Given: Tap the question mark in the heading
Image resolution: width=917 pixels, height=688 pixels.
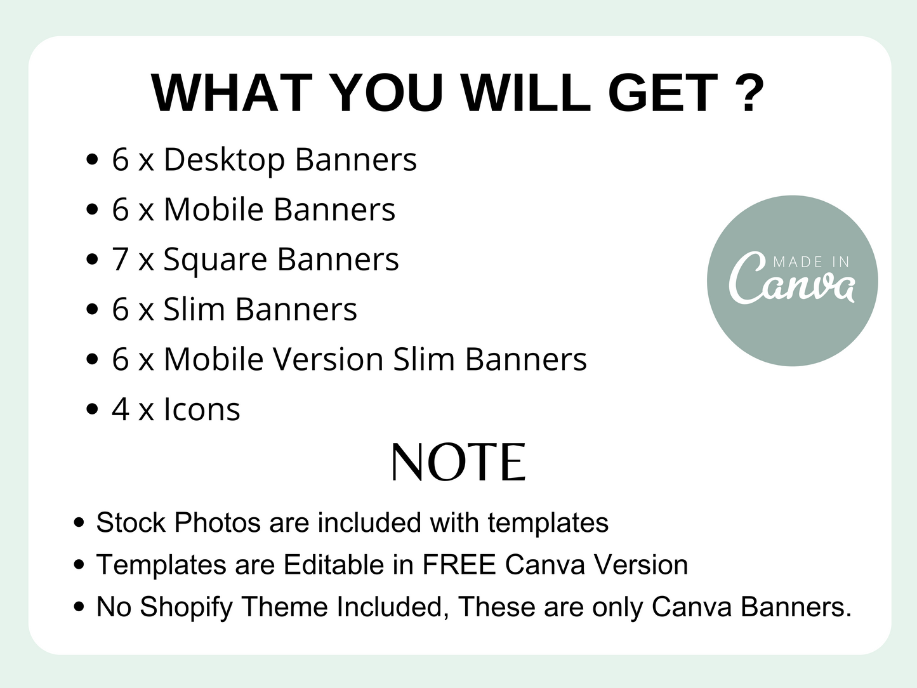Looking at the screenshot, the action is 749,93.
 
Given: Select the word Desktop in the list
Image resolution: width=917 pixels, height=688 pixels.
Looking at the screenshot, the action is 225,160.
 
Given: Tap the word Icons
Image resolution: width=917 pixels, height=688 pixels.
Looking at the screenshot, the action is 202,409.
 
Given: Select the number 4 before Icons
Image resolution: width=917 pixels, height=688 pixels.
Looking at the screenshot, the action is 121,409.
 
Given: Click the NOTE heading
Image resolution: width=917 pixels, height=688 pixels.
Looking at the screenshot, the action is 458,463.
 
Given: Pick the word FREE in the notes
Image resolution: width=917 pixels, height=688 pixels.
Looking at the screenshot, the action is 459,565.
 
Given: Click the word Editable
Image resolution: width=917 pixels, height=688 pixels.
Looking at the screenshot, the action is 334,565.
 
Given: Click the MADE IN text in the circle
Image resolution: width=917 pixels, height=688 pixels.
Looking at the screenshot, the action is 811,262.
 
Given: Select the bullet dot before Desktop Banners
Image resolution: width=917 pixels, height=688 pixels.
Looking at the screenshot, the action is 91,159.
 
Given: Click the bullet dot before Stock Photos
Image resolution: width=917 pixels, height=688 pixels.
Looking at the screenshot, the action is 79,522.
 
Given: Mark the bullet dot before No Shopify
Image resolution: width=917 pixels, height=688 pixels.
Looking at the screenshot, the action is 79,607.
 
